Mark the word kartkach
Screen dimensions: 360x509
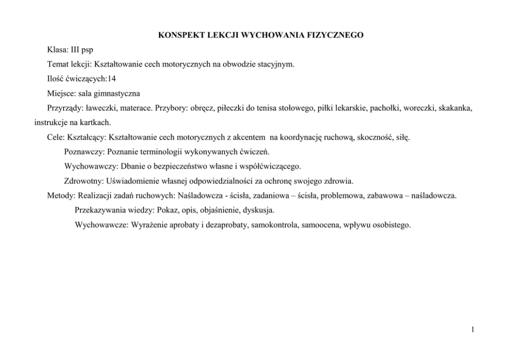[95, 123]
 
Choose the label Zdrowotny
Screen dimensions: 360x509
[83, 181]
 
